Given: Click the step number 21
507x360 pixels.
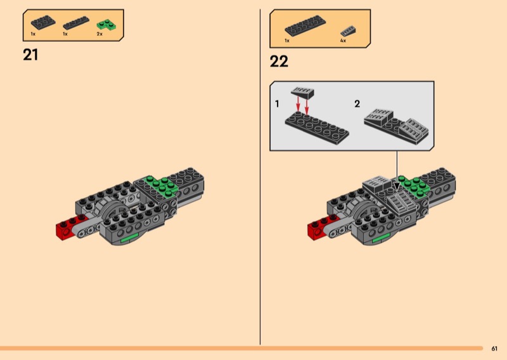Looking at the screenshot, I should point(30,55).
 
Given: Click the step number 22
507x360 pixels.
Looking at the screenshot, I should point(279,61).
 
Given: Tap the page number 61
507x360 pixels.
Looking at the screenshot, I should point(494,348).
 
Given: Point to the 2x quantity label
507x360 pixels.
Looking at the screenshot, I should point(99,34).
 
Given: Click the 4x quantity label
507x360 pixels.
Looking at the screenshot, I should point(343,40).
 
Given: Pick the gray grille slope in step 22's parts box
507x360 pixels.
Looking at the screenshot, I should point(348,30).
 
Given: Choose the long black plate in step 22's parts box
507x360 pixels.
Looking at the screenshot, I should point(305,26).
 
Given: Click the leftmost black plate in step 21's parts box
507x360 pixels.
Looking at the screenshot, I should point(43,22).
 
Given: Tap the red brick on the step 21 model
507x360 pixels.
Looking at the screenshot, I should point(65,228).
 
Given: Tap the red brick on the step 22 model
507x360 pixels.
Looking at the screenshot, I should point(317,228).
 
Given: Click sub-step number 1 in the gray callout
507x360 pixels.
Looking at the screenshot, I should point(277,103).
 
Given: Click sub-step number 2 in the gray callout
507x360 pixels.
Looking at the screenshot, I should point(357,103).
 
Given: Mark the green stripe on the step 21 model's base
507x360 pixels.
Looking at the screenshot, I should point(129,238).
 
